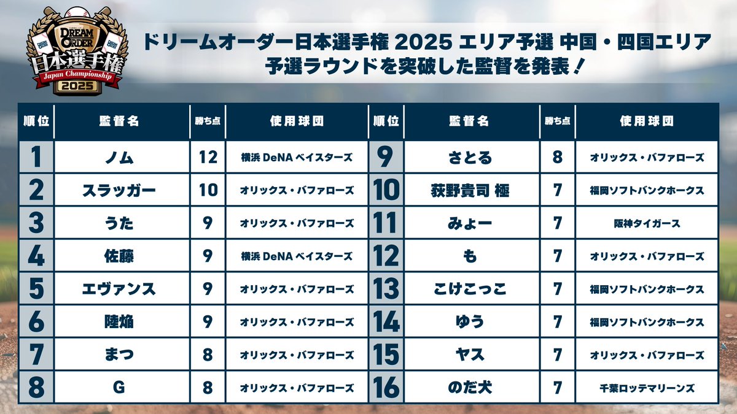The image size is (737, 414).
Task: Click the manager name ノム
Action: click(119, 158)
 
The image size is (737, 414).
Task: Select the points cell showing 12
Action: click(208, 158)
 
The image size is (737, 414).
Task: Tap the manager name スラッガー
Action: click(119, 190)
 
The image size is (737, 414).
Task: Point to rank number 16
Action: click(386, 388)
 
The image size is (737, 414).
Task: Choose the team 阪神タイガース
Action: click(647, 223)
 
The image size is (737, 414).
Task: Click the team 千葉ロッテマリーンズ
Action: click(647, 388)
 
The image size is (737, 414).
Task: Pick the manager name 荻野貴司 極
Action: click(470, 190)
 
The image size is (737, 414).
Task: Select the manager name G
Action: click(119, 388)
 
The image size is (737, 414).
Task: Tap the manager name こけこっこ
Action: click(470, 289)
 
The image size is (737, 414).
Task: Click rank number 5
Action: click(36, 289)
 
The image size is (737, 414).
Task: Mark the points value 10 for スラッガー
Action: click(208, 190)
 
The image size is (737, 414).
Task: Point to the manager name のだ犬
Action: click(470, 388)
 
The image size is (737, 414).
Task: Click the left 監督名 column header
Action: click(119, 121)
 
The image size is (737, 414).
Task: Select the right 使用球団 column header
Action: click(647, 121)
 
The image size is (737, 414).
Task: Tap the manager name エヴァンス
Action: click(119, 289)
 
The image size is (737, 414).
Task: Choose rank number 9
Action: click(386, 158)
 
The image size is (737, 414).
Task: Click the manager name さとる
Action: click(470, 158)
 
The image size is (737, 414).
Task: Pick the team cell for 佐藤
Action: click(297, 256)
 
